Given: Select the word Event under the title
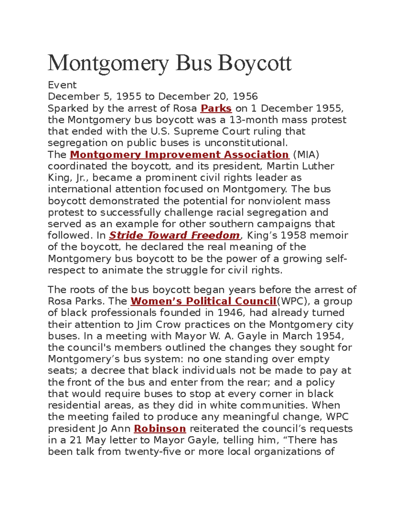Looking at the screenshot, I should pyautogui.click(x=62, y=85).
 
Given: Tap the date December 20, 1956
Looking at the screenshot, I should pyautogui.click(x=208, y=97).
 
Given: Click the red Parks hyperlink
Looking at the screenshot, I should pyautogui.click(x=216, y=108).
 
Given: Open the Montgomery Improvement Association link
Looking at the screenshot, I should pyautogui.click(x=179, y=154).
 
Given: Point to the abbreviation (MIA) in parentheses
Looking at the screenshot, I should pyautogui.click(x=306, y=154).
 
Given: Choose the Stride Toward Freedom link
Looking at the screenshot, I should pyautogui.click(x=174, y=235).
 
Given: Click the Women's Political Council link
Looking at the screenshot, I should pyautogui.click(x=203, y=301).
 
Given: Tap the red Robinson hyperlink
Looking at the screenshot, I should pyautogui.click(x=160, y=429).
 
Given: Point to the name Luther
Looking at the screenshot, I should pyautogui.click(x=318, y=166).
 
